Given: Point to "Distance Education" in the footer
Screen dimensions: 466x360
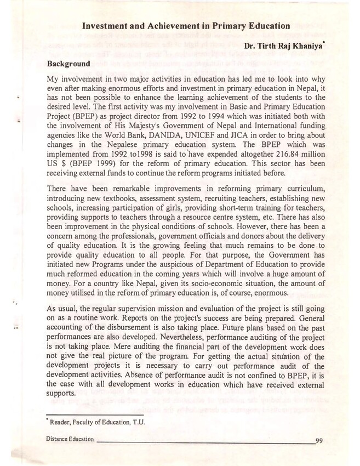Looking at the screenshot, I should pos(70,440).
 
